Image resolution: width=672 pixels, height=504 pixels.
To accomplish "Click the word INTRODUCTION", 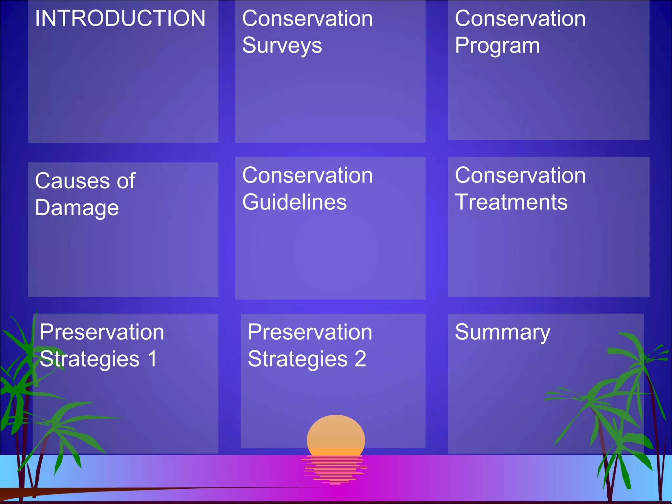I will pyautogui.click(x=120, y=18).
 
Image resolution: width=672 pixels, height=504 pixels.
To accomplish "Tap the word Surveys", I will pyautogui.click(x=282, y=46).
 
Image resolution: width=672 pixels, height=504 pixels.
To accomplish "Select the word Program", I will pyautogui.click(x=497, y=46).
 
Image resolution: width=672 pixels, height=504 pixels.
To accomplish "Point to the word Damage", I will pyautogui.click(x=77, y=208).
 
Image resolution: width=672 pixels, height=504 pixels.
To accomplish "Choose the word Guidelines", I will pyautogui.click(x=294, y=202).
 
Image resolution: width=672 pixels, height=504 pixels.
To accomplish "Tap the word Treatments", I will pyautogui.click(x=511, y=202).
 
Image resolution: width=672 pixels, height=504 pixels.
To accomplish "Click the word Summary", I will pyautogui.click(x=502, y=332).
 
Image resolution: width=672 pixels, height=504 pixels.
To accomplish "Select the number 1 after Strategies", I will pyautogui.click(x=152, y=359).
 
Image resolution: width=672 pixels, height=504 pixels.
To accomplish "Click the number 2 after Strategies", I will pyautogui.click(x=360, y=359).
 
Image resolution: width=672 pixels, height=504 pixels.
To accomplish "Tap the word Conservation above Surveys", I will pyautogui.click(x=307, y=18).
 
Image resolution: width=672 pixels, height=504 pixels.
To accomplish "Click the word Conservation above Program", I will pyautogui.click(x=520, y=18).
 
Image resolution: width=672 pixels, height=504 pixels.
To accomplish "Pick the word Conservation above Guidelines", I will pyautogui.click(x=307, y=175).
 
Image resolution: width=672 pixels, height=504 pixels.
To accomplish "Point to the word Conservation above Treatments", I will pyautogui.click(x=520, y=175).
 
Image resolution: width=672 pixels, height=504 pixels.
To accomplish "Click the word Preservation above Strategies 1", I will pyautogui.click(x=102, y=332).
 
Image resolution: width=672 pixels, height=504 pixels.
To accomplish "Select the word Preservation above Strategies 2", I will pyautogui.click(x=310, y=332).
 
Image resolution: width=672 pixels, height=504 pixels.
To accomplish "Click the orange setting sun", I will pyautogui.click(x=336, y=435).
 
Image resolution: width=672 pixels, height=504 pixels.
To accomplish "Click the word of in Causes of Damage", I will pyautogui.click(x=126, y=181).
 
